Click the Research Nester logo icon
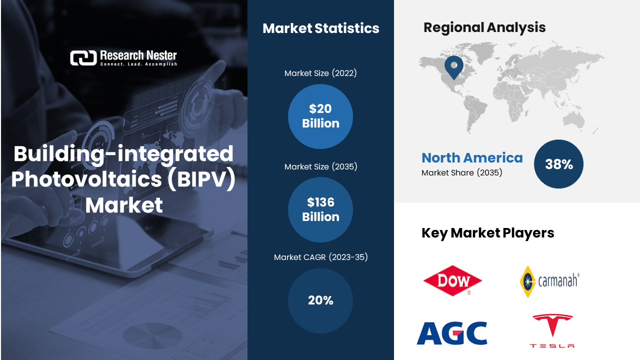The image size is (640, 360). (x=83, y=57)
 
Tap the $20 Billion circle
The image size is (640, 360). (x=320, y=116)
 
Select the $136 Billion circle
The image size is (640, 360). (x=320, y=209)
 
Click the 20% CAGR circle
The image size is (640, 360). (x=320, y=300)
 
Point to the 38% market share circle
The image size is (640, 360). (x=558, y=164)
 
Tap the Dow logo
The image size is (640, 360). (x=452, y=280)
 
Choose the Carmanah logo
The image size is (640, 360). (x=549, y=281)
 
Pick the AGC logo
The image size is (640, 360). (x=452, y=333)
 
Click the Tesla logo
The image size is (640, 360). (x=552, y=331)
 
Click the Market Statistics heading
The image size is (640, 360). (x=321, y=28)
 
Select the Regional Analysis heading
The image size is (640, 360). (x=484, y=27)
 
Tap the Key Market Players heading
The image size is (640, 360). (x=487, y=233)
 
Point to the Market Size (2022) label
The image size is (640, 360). (x=320, y=73)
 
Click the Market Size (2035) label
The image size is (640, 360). (x=320, y=166)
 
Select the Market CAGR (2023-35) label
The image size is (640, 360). (x=320, y=257)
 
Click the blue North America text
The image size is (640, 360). (x=472, y=157)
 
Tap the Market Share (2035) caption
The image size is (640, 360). (x=461, y=172)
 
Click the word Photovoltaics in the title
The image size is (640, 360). (x=86, y=179)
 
